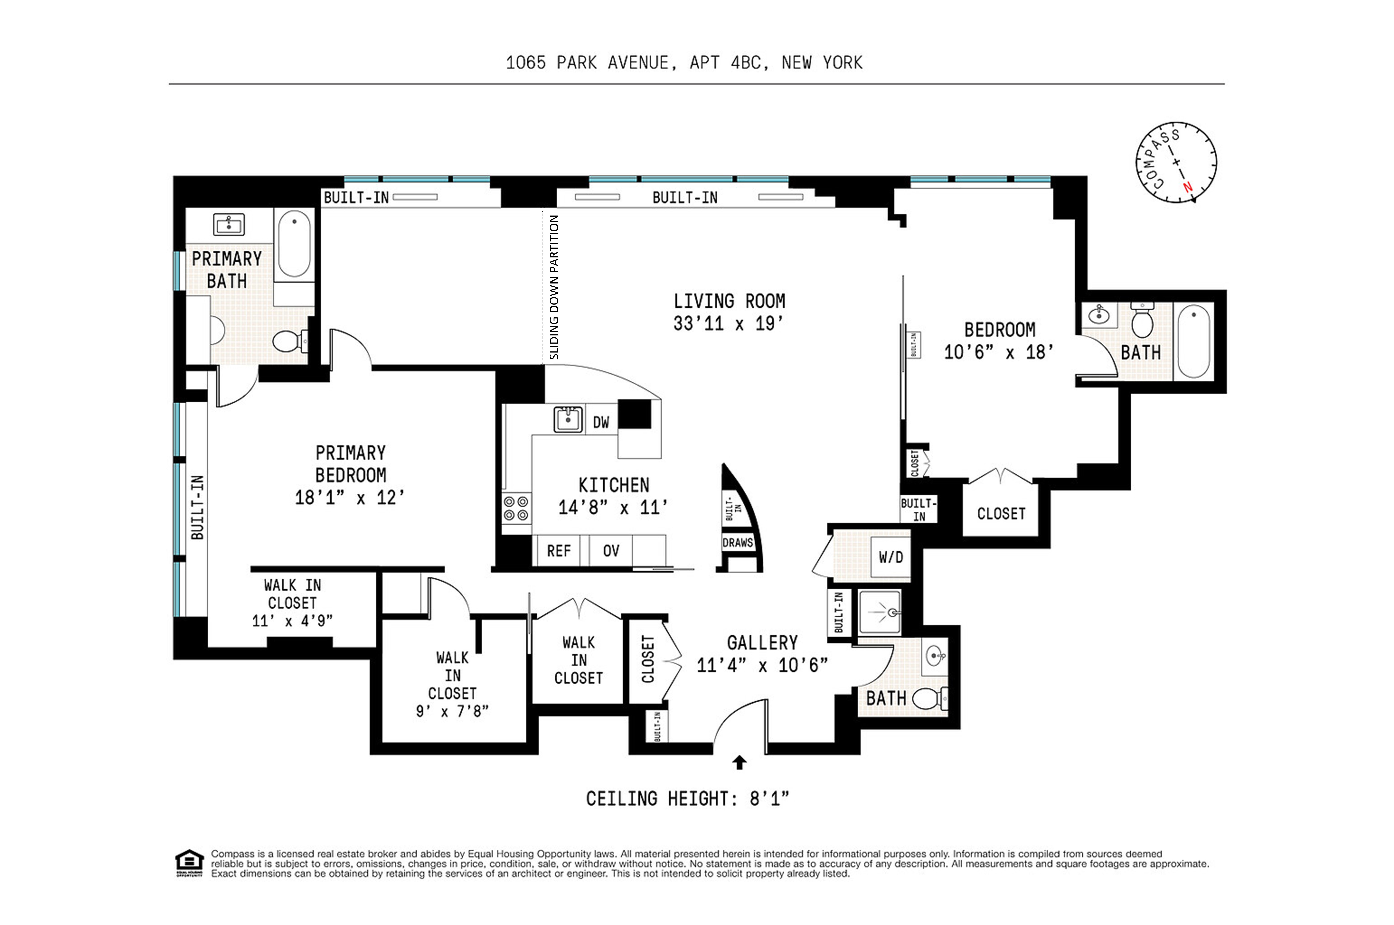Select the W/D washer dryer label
pos(891,557)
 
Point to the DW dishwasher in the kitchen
pos(601,422)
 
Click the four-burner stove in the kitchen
pos(516,508)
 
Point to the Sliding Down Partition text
pos(554,287)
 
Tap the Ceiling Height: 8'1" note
pos(687,799)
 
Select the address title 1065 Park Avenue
pos(683,63)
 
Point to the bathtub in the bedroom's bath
pos(1193,341)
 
